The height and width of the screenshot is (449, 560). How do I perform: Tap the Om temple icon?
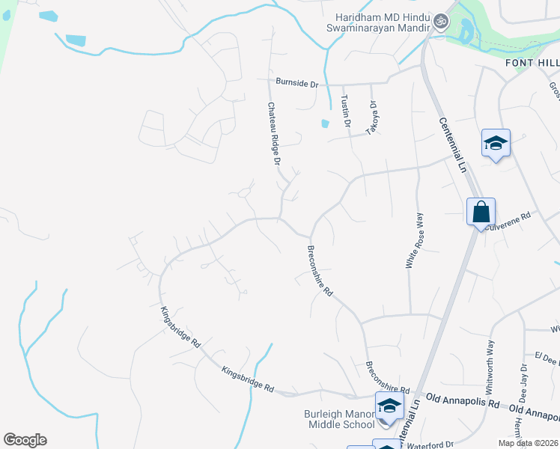[x=440, y=22]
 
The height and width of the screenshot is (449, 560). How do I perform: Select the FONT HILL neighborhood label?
[x=532, y=63]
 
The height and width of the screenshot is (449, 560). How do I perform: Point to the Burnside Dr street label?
[x=296, y=82]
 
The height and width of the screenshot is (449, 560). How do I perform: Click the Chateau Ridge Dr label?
[x=273, y=135]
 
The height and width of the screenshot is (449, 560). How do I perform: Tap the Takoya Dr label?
[x=370, y=118]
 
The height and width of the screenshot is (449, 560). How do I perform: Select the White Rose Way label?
[x=414, y=240]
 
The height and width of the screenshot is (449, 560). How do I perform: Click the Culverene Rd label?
[x=509, y=220]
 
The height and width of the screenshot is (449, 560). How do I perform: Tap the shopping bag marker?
[x=481, y=211]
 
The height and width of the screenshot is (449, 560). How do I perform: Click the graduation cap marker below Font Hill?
[x=495, y=143]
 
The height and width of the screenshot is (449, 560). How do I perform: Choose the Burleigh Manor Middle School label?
[x=338, y=419]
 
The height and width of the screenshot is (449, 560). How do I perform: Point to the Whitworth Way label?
[x=490, y=367]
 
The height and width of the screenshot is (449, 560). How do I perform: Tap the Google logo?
[x=25, y=440]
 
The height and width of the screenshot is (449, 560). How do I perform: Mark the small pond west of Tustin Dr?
[x=325, y=123]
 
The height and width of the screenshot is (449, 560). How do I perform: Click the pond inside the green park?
[x=467, y=32]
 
